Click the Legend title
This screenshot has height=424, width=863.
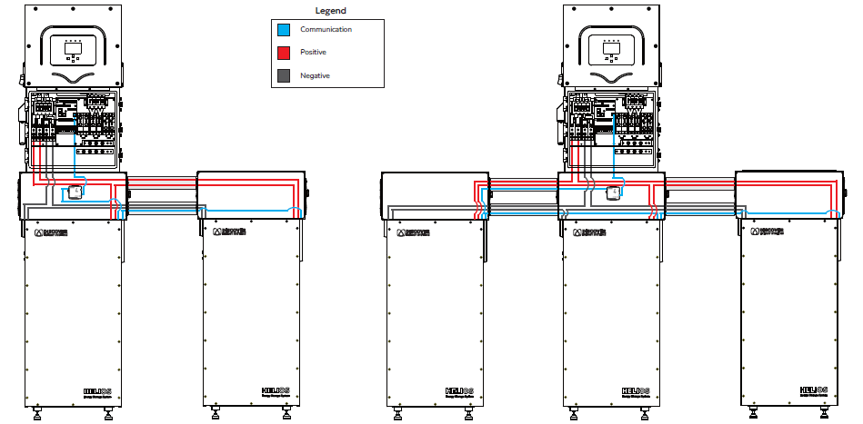(x=330, y=11)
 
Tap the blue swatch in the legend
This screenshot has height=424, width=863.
(x=283, y=30)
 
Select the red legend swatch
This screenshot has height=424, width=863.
(x=283, y=53)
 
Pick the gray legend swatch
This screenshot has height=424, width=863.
(x=283, y=75)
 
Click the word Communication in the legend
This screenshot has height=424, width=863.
(x=326, y=30)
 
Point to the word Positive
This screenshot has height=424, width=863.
(x=314, y=53)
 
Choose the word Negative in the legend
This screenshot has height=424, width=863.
(x=315, y=75)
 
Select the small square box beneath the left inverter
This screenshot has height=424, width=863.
(x=71, y=192)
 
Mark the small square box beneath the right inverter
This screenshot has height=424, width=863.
(x=614, y=192)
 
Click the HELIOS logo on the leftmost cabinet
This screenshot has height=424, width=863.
(x=97, y=392)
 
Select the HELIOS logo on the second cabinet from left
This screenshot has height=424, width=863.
(x=276, y=392)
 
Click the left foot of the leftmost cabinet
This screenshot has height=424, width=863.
(x=36, y=415)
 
